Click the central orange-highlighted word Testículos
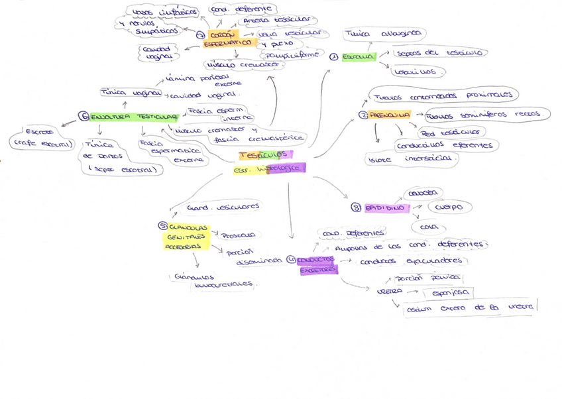click(264, 154)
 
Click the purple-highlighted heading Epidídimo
click(384, 207)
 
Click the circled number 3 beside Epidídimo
click(357, 207)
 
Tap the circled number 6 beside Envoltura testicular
click(84, 117)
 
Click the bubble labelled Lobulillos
click(418, 72)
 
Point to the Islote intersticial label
click(411, 159)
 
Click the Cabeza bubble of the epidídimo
click(422, 193)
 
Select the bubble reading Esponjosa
click(450, 292)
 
